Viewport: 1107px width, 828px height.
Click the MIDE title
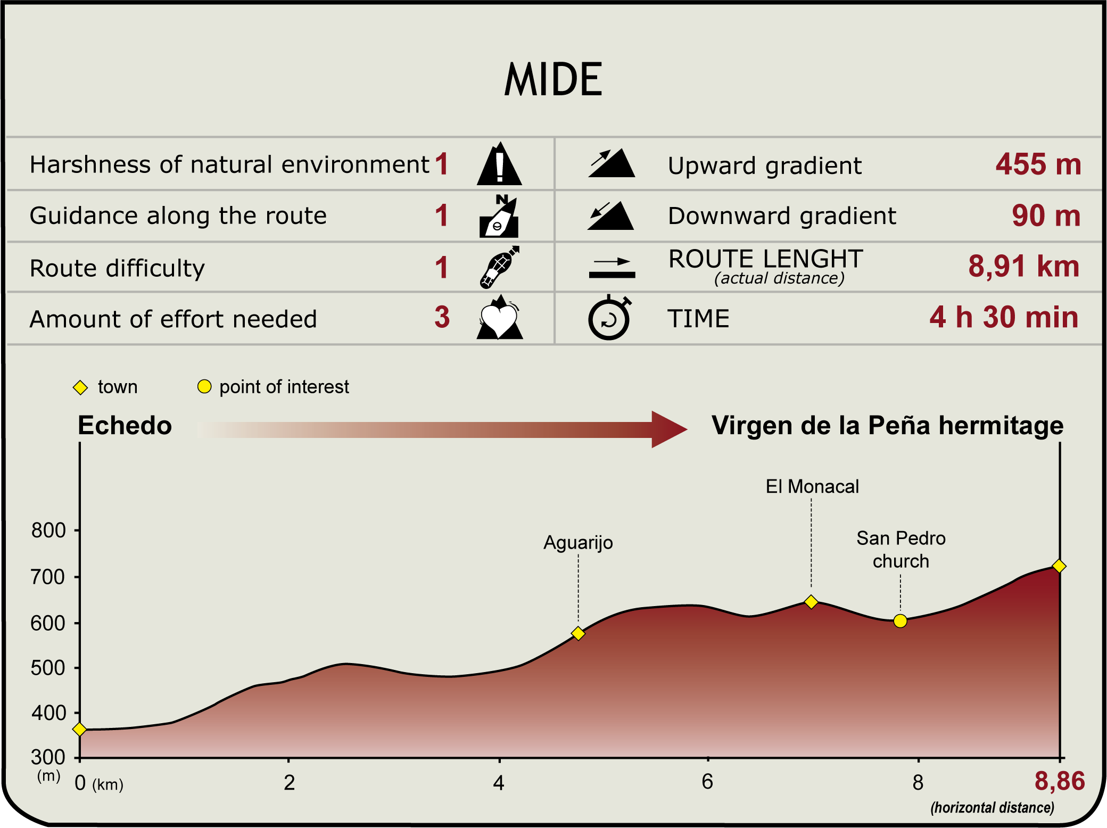tap(553, 80)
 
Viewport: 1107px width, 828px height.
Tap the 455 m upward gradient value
tap(1038, 164)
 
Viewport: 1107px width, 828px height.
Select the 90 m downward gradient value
tap(1046, 216)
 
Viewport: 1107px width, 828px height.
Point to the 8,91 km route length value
tap(1023, 266)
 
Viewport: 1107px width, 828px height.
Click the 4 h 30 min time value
tap(1004, 317)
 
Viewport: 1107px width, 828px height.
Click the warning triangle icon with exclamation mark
tap(499, 165)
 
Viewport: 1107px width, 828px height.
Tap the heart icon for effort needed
tap(499, 319)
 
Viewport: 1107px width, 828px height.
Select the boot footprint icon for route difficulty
tap(498, 268)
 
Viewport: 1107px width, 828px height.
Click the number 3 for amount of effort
tap(442, 317)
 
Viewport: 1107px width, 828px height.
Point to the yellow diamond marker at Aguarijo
tap(578, 633)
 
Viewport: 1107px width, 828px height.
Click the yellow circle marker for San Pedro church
tap(900, 621)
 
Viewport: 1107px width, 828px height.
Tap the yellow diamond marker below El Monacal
tap(811, 602)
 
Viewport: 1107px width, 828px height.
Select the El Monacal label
tap(812, 486)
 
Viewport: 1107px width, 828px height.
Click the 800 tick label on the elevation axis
tap(48, 531)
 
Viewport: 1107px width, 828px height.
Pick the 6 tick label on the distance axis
tap(707, 782)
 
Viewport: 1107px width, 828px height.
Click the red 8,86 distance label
tap(1059, 781)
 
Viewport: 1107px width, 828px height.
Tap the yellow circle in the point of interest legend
tap(204, 386)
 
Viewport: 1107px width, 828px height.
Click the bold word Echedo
tap(125, 426)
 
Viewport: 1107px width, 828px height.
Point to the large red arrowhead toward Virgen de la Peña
tap(668, 429)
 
